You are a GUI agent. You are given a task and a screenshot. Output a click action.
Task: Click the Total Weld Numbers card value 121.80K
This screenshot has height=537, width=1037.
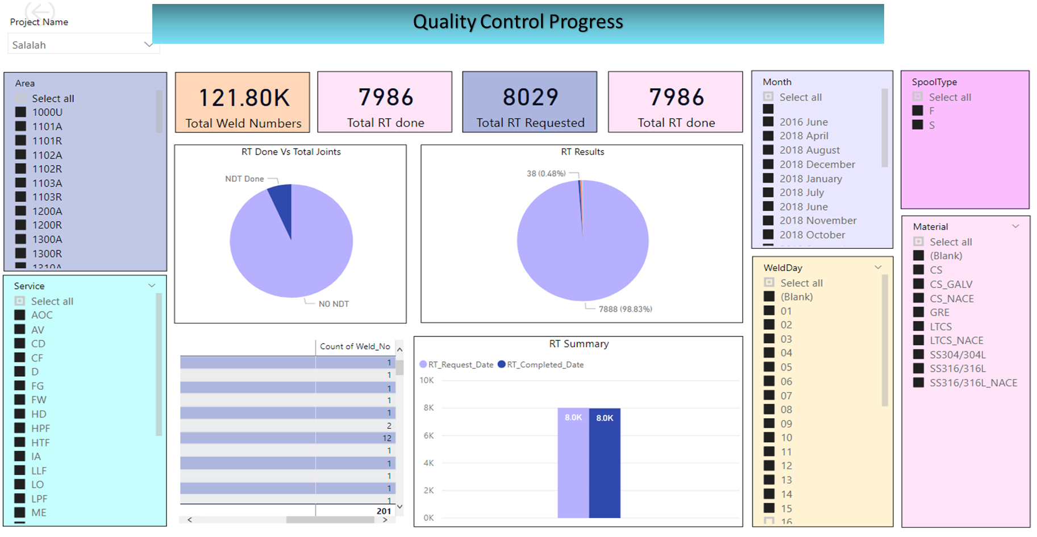[244, 98]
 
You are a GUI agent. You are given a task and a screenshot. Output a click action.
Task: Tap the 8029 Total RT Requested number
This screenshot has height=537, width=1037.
[530, 97]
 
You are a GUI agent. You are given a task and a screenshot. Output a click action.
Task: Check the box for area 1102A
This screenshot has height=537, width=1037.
[20, 155]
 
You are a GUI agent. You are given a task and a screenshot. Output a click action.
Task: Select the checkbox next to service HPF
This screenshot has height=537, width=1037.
[20, 428]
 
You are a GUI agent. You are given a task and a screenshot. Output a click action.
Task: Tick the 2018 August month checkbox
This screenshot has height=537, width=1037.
[768, 150]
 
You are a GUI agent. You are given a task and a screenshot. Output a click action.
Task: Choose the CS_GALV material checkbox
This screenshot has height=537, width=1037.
[918, 284]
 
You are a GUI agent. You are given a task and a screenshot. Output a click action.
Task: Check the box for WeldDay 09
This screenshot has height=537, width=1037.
[769, 423]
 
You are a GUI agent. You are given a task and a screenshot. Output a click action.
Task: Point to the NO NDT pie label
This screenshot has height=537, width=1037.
[334, 304]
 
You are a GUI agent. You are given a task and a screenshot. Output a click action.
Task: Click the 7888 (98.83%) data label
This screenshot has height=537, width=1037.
[625, 309]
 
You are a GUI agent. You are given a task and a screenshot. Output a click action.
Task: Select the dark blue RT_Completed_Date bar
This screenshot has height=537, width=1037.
[605, 463]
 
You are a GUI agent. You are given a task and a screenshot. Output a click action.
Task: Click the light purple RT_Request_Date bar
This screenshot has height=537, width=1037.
[573, 463]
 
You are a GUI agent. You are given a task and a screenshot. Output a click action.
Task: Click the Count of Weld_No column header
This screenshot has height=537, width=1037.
[355, 347]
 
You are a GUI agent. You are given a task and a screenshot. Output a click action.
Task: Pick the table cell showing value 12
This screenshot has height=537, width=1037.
[387, 438]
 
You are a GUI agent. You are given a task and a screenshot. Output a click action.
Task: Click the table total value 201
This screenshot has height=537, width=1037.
[384, 511]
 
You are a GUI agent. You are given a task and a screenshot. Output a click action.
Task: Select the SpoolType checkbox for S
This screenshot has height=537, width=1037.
[918, 125]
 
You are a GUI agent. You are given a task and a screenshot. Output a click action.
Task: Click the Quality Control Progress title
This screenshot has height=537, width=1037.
[518, 22]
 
